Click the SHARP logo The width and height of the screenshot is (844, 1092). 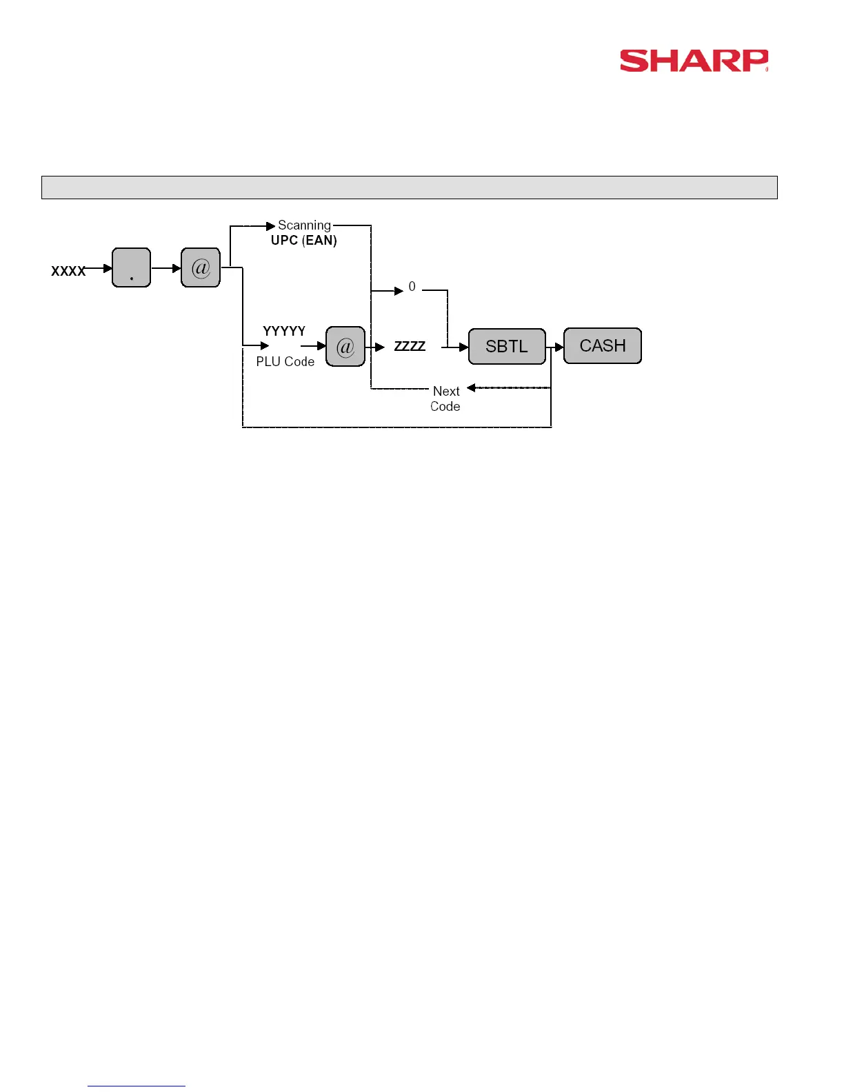click(694, 61)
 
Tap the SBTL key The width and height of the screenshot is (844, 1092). click(507, 346)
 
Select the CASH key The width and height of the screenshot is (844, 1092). click(603, 345)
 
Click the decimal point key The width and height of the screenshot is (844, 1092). click(131, 267)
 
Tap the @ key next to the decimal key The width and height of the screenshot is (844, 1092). click(201, 267)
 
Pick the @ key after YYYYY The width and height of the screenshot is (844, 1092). click(345, 346)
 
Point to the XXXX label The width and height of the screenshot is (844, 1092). click(68, 271)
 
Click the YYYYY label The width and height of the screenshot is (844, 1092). click(284, 331)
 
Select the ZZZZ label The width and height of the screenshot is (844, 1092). click(410, 346)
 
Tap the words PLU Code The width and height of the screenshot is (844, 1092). click(285, 361)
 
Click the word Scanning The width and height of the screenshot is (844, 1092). click(304, 225)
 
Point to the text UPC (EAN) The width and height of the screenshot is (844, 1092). click(304, 241)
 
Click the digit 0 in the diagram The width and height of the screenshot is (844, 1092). click(412, 287)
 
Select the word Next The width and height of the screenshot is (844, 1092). click(446, 391)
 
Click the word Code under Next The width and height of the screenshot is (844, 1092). click(445, 406)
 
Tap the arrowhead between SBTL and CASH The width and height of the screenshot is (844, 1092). click(559, 347)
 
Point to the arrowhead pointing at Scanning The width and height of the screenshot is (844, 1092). click(271, 226)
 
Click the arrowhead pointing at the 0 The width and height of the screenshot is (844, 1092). click(399, 291)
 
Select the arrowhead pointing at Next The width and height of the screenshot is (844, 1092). click(472, 387)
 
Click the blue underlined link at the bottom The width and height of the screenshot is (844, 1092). click(137, 1085)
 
